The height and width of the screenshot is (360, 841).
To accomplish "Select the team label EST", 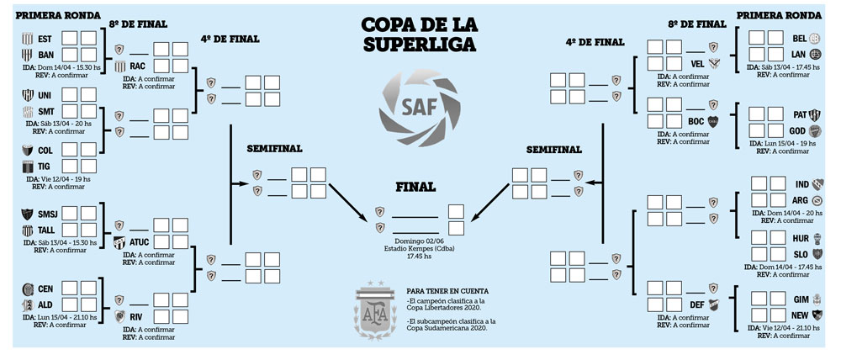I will coord(45,40).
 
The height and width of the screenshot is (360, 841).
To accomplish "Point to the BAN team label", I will coord(45,55).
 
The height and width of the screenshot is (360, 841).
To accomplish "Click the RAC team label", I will coord(138,66).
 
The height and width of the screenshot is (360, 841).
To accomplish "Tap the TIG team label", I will coord(45,167).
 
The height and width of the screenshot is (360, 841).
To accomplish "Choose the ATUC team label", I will coord(140,242).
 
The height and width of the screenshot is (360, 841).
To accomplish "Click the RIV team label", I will coord(140,316).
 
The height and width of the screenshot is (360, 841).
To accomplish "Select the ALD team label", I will coord(45,304).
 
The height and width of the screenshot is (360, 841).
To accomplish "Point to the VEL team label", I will coord(696,63).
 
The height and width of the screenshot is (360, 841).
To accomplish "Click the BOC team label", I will coord(696,121).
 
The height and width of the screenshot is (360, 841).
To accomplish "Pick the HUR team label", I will coord(799,238).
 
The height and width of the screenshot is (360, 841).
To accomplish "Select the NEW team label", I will coord(799,314).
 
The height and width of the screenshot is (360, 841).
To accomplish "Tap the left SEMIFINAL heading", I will coord(274,149).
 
